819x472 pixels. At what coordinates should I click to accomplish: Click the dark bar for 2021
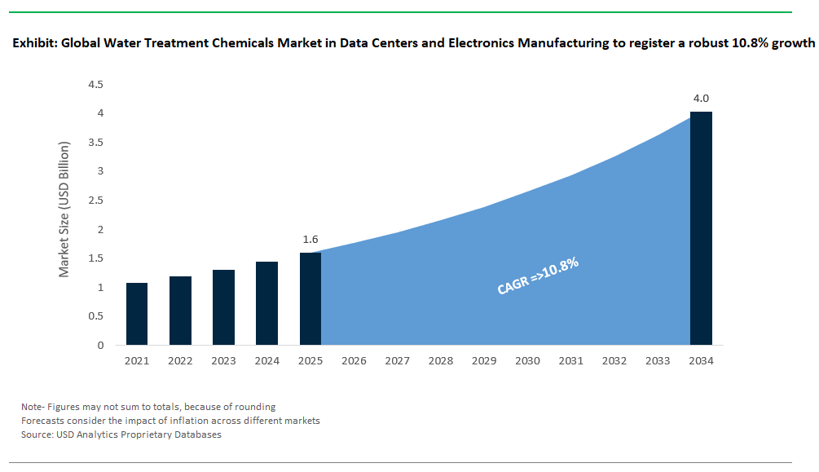point(137,314)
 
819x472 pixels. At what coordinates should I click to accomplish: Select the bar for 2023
point(223,307)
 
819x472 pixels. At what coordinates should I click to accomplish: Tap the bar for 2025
point(310,298)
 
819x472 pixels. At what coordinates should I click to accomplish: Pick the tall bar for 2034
point(701,228)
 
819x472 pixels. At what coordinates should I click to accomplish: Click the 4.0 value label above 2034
point(701,99)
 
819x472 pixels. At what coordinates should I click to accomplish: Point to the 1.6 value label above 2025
point(310,240)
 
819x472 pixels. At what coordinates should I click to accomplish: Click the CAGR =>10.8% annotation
point(538,276)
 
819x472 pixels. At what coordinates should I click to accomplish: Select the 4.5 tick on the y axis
point(95,84)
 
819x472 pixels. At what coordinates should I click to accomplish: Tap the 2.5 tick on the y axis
point(95,201)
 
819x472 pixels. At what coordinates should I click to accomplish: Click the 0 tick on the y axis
point(100,345)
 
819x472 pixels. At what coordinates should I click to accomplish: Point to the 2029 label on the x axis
point(484,360)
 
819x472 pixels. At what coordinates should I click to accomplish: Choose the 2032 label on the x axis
point(614,360)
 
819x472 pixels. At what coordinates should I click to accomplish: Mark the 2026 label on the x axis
point(354,360)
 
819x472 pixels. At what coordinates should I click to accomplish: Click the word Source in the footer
point(37,435)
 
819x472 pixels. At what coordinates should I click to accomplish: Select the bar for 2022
point(180,311)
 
